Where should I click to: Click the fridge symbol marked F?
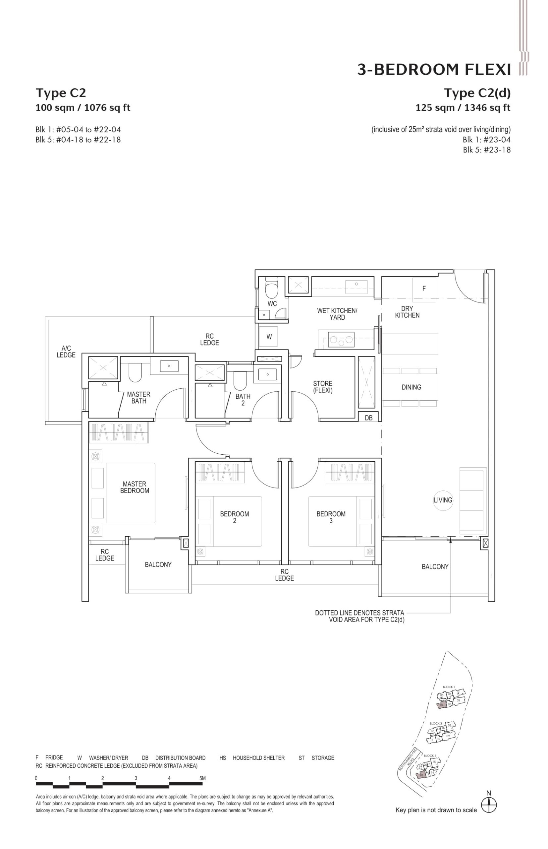(x=424, y=289)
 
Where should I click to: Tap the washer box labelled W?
(x=269, y=337)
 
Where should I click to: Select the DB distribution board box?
(x=369, y=418)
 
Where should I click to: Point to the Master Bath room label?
(x=138, y=397)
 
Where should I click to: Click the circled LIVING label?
(x=443, y=500)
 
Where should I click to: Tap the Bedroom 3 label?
(x=331, y=517)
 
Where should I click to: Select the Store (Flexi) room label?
(x=323, y=387)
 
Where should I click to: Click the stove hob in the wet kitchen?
(x=341, y=339)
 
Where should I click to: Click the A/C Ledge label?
(x=66, y=352)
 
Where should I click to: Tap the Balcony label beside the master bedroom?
(x=158, y=564)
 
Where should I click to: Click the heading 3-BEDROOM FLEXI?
(x=434, y=70)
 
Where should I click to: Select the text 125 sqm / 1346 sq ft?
(x=463, y=107)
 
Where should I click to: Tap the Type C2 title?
(x=61, y=93)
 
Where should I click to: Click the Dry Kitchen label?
(x=407, y=312)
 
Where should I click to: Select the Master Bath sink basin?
(x=169, y=366)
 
